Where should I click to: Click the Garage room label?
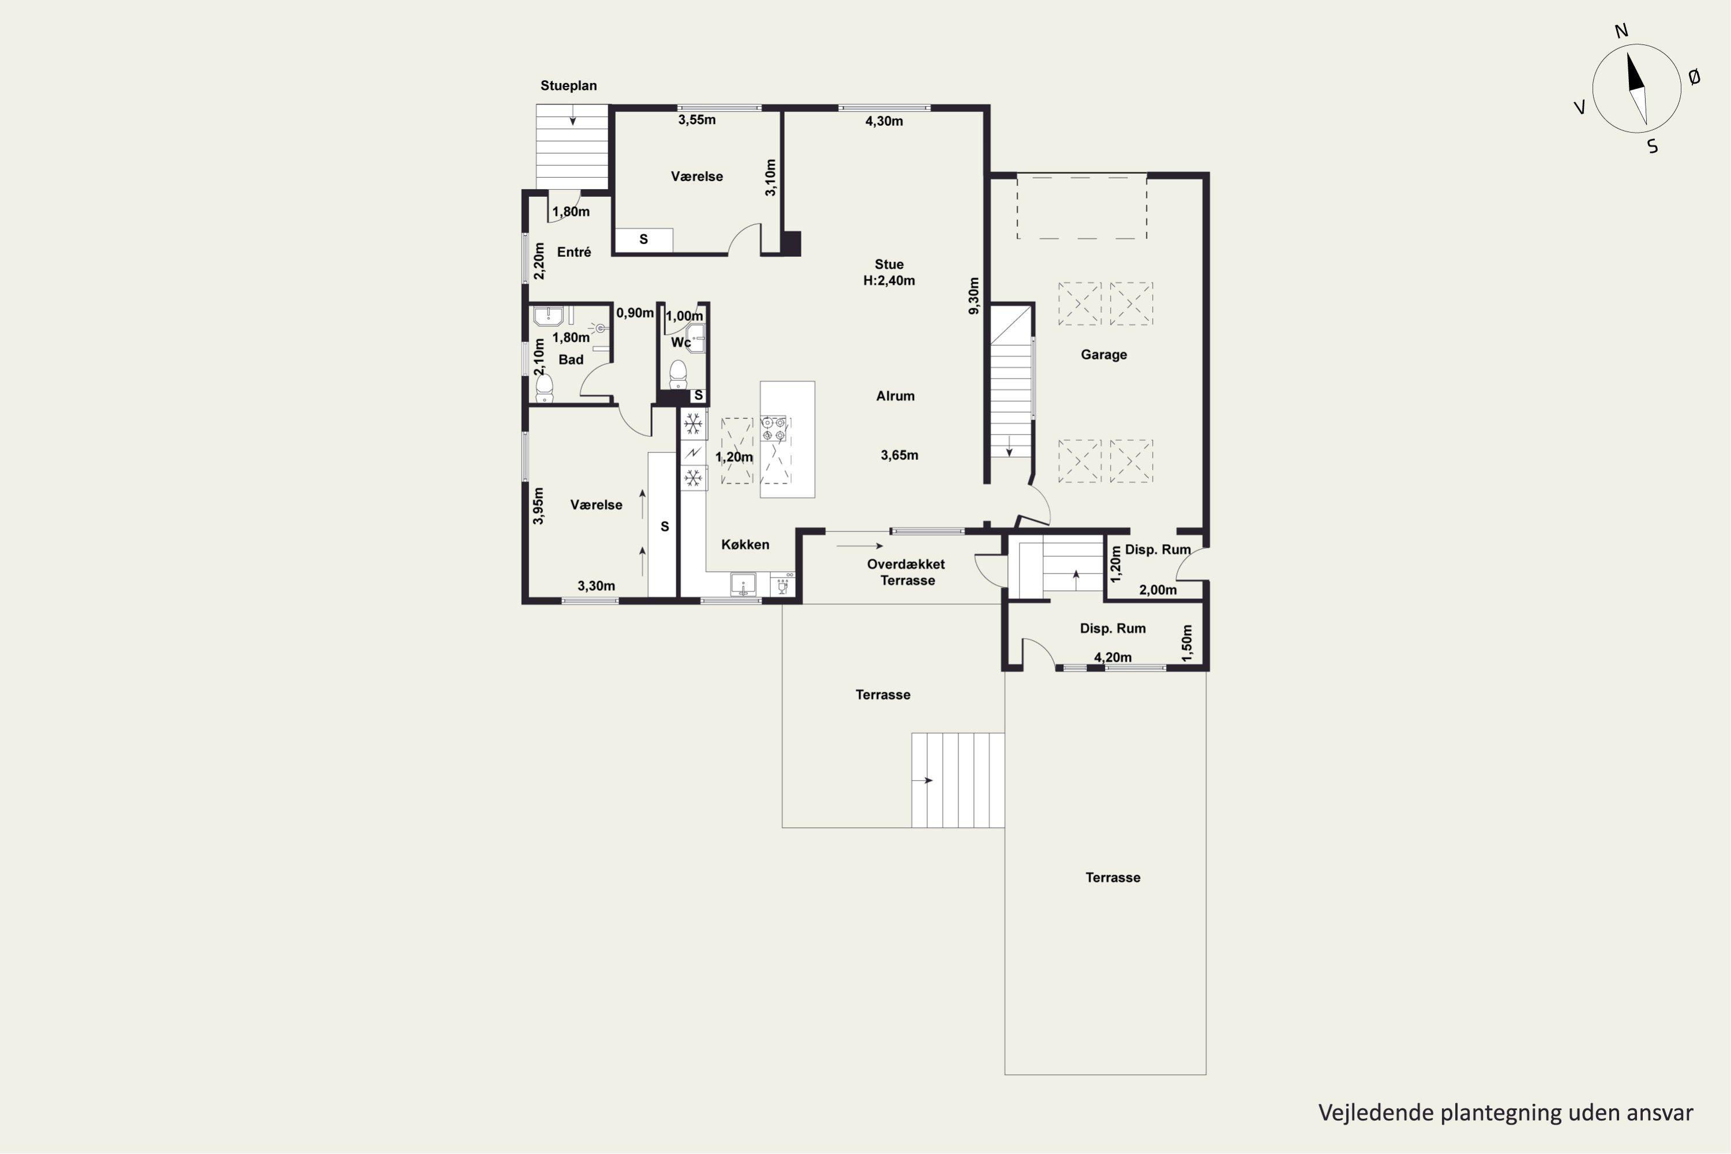[1103, 355]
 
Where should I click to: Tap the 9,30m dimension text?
[974, 296]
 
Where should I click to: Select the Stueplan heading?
[568, 85]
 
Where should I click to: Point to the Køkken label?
[745, 545]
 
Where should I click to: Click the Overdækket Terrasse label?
[906, 572]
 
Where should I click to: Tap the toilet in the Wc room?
[678, 374]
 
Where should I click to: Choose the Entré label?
[574, 253]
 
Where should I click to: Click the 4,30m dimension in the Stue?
[884, 121]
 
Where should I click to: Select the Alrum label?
[895, 396]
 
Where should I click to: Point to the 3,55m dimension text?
[697, 120]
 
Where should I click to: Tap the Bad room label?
[571, 360]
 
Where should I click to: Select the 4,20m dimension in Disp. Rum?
[1113, 657]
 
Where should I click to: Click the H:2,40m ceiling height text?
[889, 280]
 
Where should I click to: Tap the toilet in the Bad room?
[544, 388]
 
